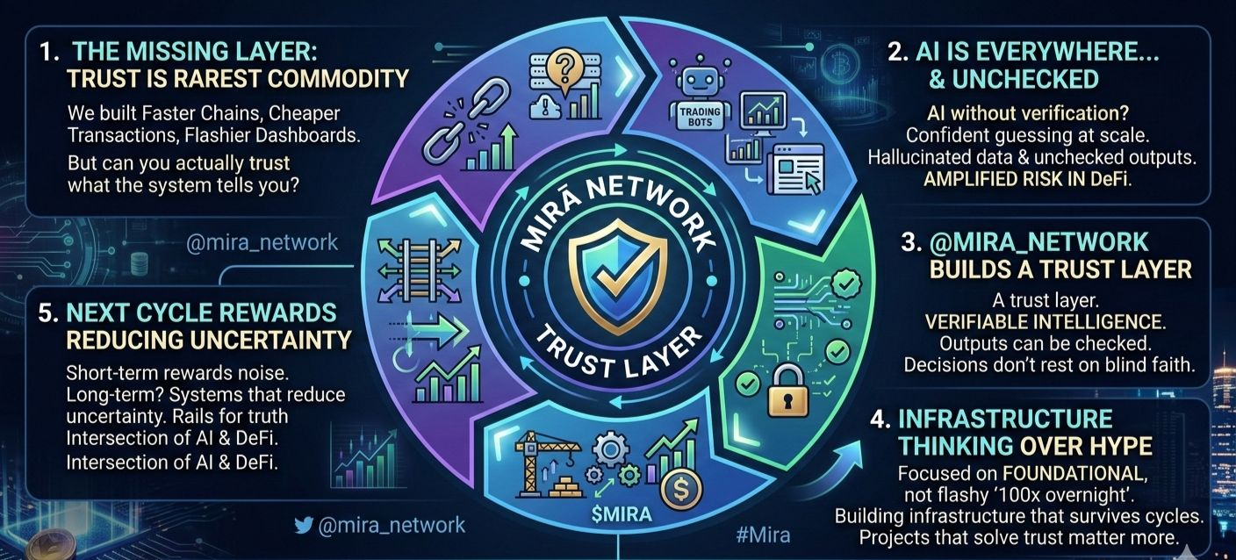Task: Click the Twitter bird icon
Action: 304,526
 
